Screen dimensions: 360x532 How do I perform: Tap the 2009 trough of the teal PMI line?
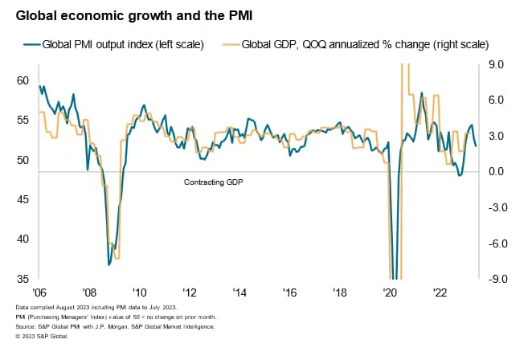point(108,264)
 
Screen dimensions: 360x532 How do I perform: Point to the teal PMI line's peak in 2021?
point(422,93)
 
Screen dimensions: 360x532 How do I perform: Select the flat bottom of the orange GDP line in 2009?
point(117,258)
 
